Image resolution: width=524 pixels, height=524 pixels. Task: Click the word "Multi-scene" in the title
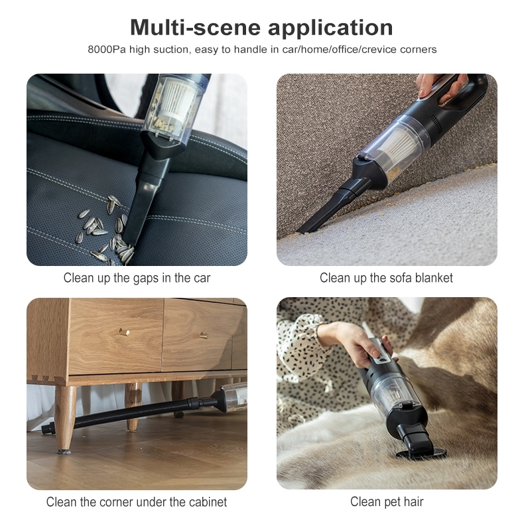coord(195,27)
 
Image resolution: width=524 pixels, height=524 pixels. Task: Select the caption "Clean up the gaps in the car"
coord(137,278)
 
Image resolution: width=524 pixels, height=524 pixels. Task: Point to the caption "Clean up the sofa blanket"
coord(386,278)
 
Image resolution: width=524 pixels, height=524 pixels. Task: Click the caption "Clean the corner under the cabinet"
coord(137,502)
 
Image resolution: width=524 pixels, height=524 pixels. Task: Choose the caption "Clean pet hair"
coord(387,502)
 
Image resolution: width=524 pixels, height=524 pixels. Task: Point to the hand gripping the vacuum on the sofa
coord(441,87)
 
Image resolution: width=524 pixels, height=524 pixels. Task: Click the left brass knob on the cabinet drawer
coord(124,332)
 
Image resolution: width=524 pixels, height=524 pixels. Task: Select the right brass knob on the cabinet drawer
coord(204,336)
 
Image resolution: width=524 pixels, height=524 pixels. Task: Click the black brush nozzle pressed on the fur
coord(418,443)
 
